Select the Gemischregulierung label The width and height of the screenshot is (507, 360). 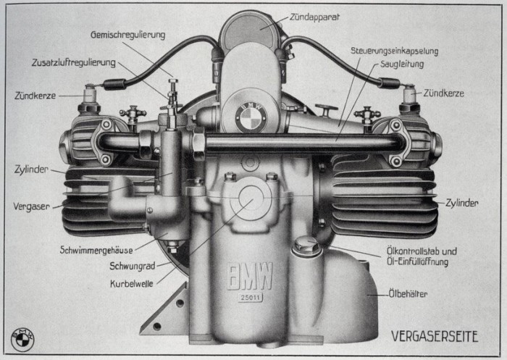(128, 34)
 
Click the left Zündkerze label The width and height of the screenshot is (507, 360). (35, 94)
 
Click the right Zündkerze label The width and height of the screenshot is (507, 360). (444, 93)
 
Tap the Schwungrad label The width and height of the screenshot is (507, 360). (130, 265)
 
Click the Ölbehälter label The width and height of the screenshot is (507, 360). (408, 294)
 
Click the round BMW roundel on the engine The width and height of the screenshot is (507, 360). (251, 117)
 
